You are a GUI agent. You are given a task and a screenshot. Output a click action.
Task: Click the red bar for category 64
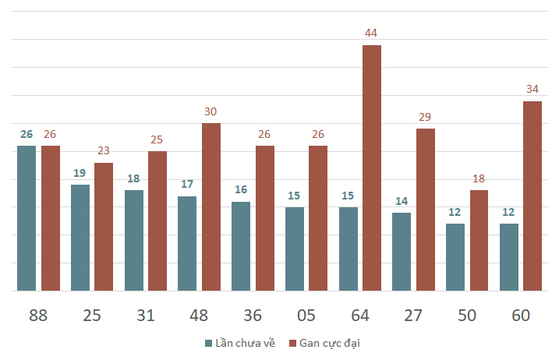372,168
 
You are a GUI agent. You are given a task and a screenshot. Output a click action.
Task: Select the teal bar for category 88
27,218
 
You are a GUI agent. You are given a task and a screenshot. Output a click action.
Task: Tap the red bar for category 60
532,196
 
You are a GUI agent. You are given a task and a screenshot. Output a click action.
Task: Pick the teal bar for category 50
455,257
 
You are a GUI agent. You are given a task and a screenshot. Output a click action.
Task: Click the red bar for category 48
211,207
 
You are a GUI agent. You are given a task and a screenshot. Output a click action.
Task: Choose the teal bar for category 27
402,252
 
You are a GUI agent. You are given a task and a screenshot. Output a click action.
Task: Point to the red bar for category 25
104,227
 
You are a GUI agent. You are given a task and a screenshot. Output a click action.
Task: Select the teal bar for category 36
241,246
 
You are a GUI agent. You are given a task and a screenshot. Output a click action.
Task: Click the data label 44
371,33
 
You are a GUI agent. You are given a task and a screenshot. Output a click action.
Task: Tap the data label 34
532,89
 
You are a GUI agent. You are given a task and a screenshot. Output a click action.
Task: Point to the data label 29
425,117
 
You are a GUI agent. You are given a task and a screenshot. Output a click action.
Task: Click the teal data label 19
80,173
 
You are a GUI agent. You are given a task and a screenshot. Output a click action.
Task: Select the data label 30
211,111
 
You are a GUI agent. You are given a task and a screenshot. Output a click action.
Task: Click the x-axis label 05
306,316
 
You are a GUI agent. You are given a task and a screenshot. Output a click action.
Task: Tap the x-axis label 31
146,316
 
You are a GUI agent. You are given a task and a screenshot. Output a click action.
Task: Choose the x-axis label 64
360,316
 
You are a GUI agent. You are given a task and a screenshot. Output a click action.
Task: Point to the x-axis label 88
38,316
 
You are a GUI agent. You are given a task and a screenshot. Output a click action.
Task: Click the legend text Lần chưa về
246,343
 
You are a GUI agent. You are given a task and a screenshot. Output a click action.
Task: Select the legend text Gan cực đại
330,344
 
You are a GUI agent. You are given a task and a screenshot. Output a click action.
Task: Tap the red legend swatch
292,344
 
